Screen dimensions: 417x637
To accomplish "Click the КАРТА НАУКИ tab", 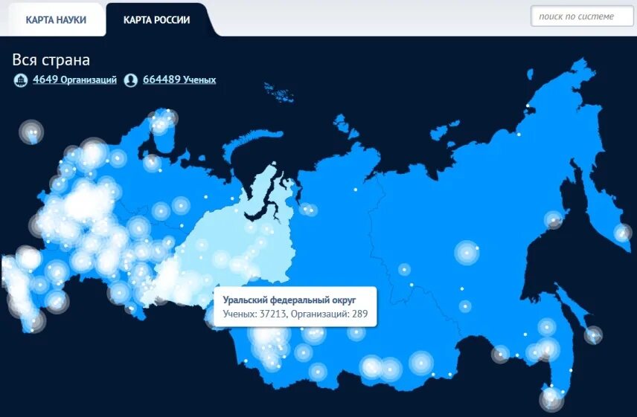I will coord(56,20).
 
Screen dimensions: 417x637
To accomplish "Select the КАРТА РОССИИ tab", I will coord(157,20).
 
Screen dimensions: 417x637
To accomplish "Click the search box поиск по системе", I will coord(581,16).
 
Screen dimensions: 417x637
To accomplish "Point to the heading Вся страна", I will coord(51,60).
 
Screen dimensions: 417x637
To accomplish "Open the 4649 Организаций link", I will coord(74,80).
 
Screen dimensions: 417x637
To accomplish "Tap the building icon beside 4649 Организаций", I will coord(21,80).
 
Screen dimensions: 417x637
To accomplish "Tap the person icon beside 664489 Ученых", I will coord(131,80).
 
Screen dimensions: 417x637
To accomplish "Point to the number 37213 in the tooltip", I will coord(270,314).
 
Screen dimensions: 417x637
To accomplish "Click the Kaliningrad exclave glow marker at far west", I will coord(31,132).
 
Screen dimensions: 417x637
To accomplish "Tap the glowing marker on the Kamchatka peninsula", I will coord(622,233).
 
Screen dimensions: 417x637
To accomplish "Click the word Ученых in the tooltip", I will coord(238,314).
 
